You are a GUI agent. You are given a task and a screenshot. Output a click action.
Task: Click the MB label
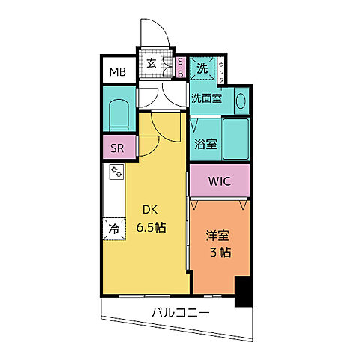(x=118, y=72)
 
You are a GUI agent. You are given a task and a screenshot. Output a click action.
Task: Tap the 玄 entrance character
(x=151, y=63)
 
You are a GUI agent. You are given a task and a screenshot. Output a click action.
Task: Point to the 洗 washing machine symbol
(x=202, y=68)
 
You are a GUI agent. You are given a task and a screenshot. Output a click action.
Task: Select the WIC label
(x=219, y=181)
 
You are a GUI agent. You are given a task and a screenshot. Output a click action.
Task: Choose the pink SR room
(x=118, y=148)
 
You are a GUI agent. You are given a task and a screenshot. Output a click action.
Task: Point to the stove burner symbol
(x=116, y=172)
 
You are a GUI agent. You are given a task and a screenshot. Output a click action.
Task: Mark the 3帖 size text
(x=220, y=253)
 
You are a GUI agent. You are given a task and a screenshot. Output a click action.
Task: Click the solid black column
(x=243, y=292)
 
